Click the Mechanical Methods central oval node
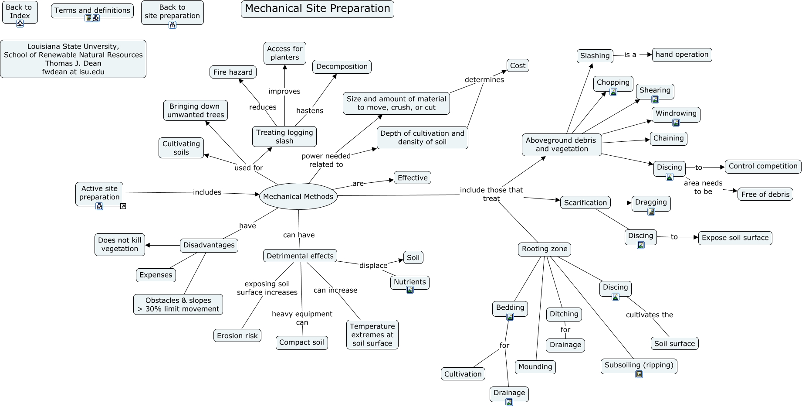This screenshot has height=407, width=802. [298, 196]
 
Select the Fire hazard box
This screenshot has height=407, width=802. [233, 72]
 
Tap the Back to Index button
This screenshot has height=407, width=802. [19, 12]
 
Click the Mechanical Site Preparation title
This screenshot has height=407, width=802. [317, 9]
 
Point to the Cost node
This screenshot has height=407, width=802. [518, 65]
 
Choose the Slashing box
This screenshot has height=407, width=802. [595, 56]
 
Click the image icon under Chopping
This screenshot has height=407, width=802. [613, 92]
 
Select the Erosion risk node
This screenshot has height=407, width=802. [237, 335]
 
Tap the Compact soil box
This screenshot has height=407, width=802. [301, 342]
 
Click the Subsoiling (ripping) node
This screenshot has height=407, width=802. [639, 365]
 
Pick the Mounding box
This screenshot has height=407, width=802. [535, 367]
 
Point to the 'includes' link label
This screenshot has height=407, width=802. [207, 192]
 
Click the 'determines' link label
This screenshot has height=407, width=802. [484, 79]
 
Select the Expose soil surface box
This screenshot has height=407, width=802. [735, 238]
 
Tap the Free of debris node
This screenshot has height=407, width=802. [765, 195]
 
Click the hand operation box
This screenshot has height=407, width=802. [682, 55]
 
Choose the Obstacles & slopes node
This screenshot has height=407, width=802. [178, 304]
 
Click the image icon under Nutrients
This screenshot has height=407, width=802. [410, 290]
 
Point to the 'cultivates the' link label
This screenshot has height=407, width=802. [649, 315]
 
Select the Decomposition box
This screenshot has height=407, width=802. [342, 67]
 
